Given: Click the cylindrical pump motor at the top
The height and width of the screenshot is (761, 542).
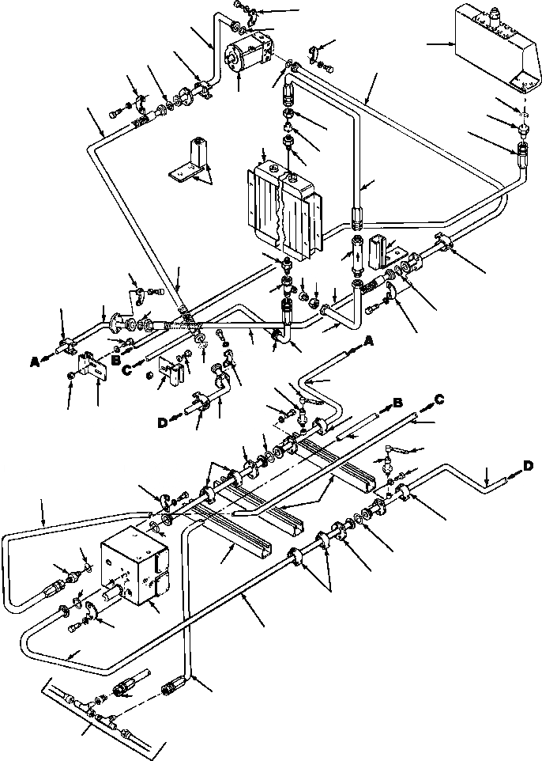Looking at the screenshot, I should (x=247, y=54).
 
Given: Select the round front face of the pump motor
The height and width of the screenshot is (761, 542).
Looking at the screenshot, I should (x=235, y=60).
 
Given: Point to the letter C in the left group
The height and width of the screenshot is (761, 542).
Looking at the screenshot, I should (x=126, y=369).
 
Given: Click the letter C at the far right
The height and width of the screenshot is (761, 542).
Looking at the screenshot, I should (x=437, y=399).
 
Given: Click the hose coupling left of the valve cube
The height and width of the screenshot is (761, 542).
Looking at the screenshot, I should (x=62, y=589).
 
